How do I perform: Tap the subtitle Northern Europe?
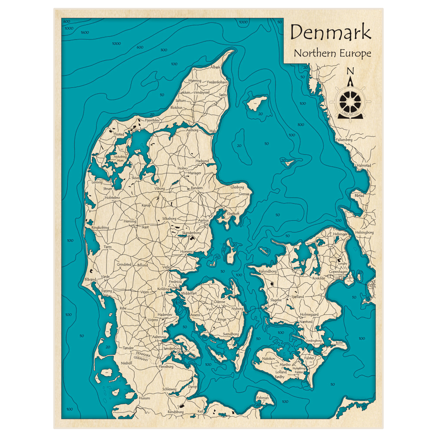click(x=332, y=53)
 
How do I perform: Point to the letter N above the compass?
click(x=350, y=71)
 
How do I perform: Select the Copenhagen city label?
click(x=338, y=272)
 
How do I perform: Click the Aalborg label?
click(x=192, y=130)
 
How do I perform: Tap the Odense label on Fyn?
click(x=219, y=302)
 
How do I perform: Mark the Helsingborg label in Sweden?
click(x=364, y=232)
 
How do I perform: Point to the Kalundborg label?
click(x=268, y=271)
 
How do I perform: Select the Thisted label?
click(x=118, y=135)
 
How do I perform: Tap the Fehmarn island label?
click(x=263, y=398)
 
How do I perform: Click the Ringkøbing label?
click(x=100, y=228)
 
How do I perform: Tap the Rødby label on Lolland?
click(x=280, y=377)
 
